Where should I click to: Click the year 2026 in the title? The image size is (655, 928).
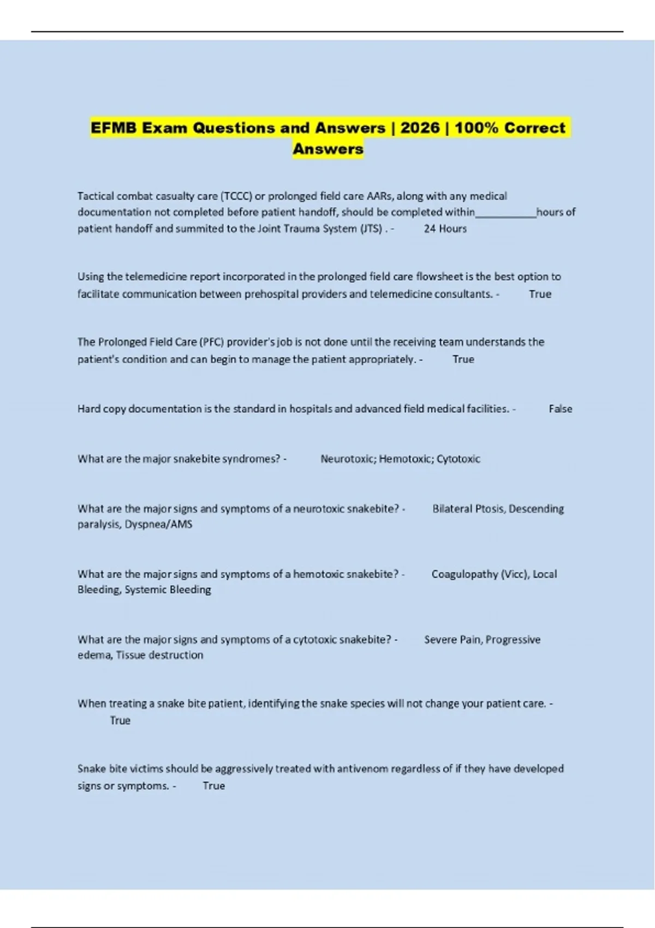(x=420, y=128)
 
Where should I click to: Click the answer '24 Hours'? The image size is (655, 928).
(x=445, y=229)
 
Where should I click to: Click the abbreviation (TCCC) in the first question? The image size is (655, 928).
(x=236, y=196)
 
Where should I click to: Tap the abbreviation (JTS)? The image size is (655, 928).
(x=371, y=229)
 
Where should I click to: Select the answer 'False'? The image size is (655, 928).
(x=560, y=409)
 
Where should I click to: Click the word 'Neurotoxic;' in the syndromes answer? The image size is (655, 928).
(x=348, y=459)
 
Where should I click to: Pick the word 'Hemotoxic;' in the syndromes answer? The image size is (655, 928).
(x=406, y=459)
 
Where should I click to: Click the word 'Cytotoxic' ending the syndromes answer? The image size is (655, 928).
(x=458, y=459)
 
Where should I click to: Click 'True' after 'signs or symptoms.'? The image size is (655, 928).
(x=213, y=786)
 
